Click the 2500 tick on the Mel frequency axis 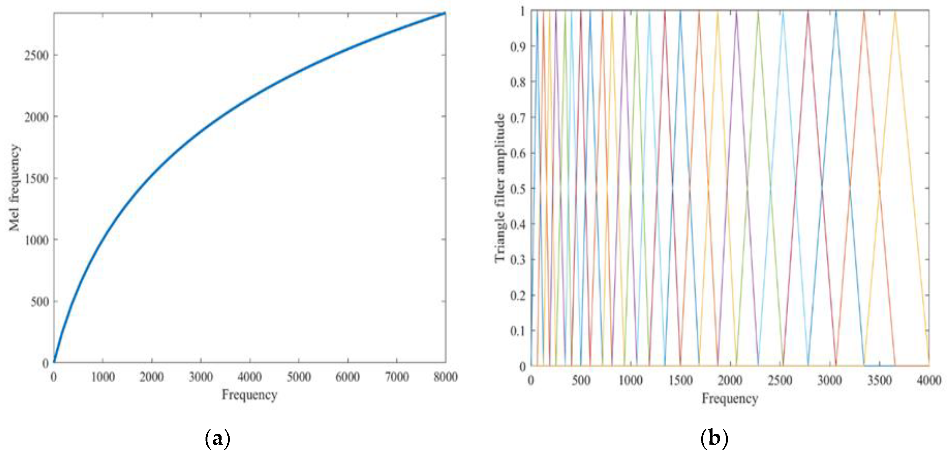[36, 56]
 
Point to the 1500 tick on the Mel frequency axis [36, 179]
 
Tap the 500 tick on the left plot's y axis [39, 302]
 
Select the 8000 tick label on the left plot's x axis [445, 377]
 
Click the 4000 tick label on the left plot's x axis [249, 377]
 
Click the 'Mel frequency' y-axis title [15, 188]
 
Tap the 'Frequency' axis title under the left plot [249, 395]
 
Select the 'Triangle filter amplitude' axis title [500, 188]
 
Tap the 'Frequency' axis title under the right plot [729, 398]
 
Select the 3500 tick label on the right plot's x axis [879, 380]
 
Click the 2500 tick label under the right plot [779, 380]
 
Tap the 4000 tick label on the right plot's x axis [928, 380]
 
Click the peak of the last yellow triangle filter [895, 12]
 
